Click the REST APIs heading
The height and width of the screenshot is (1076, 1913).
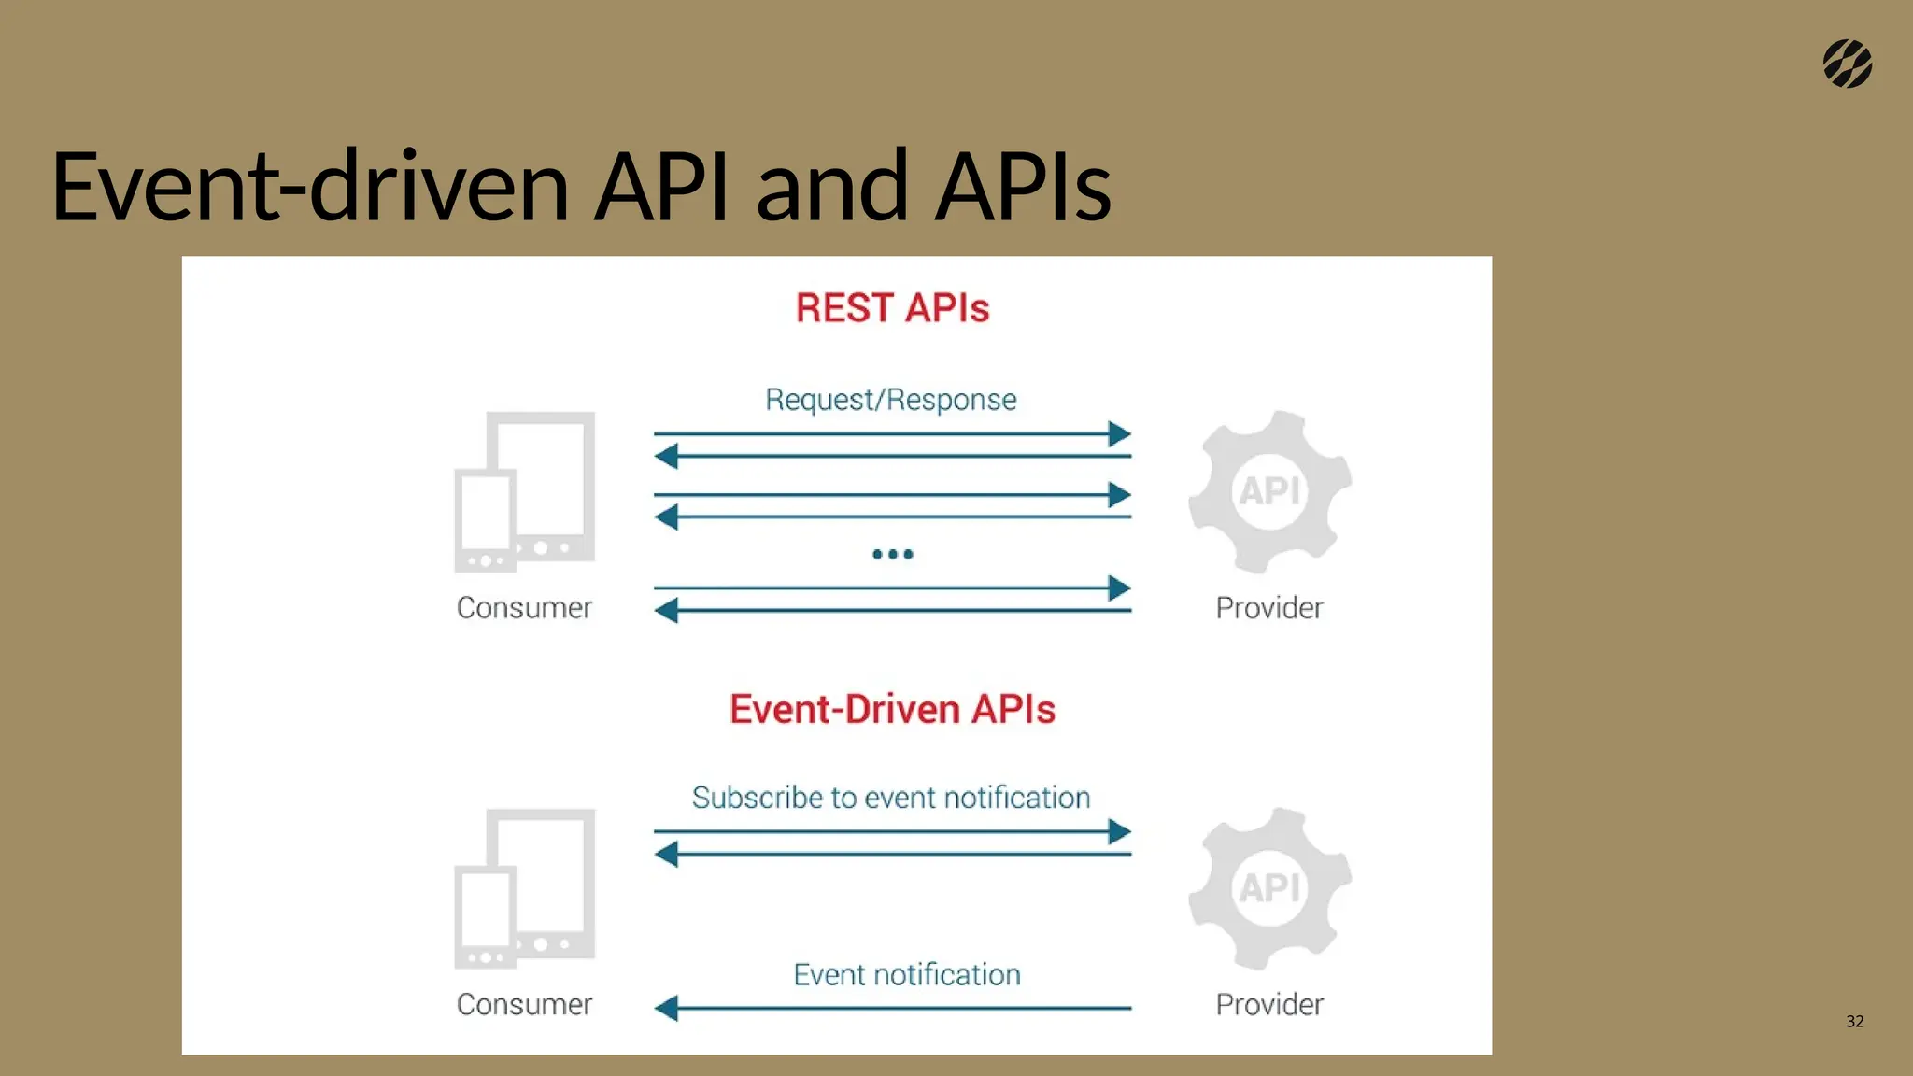tap(892, 308)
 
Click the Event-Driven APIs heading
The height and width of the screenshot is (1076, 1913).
tap(892, 709)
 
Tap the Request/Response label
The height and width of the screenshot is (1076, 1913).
tap(890, 400)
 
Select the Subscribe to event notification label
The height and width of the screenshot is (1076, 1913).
tap(890, 798)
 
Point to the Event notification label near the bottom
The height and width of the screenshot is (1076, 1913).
tap(906, 974)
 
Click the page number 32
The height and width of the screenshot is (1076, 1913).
tap(1854, 1021)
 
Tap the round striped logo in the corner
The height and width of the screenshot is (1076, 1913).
tap(1847, 64)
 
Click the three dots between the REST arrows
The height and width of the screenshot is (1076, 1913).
tap(892, 554)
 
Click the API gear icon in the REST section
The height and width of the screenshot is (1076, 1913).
tap(1269, 491)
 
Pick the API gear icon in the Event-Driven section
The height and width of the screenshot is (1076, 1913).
tap(1269, 888)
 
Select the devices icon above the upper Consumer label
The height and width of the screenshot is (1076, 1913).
tap(525, 491)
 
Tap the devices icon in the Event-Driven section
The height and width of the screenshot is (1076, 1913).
tap(525, 888)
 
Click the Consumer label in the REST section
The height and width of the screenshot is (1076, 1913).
tap(524, 608)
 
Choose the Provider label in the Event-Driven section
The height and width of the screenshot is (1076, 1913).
tap(1268, 1005)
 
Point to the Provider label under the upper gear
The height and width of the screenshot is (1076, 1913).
tap(1268, 608)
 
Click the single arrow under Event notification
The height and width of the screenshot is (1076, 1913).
tap(892, 1008)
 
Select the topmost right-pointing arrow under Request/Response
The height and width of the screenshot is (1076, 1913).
tap(892, 433)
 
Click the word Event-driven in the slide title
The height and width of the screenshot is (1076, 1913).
tap(309, 187)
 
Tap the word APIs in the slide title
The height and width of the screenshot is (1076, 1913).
tap(1023, 187)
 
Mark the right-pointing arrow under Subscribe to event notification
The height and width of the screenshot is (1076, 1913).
tap(892, 831)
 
